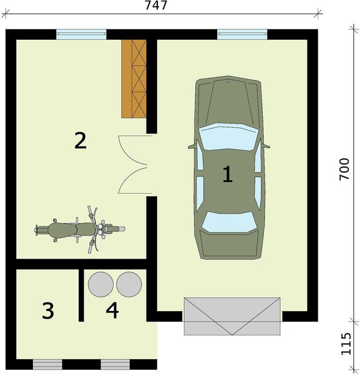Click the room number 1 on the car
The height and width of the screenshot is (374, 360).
228,175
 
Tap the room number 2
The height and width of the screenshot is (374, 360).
80,141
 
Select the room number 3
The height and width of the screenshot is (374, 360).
48,310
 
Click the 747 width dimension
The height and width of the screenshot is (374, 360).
156,5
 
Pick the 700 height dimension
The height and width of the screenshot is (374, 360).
344,169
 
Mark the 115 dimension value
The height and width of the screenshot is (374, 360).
346,343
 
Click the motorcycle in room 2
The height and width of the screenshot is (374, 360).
80,229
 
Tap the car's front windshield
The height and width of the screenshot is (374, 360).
228,137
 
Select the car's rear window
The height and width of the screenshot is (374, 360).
229,222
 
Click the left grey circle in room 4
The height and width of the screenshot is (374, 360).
100,285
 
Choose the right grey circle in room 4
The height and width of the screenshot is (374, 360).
129,285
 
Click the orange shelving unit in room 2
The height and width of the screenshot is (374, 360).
134,79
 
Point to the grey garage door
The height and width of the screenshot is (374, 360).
232,316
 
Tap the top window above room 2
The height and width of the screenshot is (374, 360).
81,34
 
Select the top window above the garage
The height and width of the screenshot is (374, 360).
242,34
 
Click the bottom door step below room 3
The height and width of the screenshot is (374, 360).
47,365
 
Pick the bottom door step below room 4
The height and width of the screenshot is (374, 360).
115,365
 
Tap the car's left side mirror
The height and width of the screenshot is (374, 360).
192,146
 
